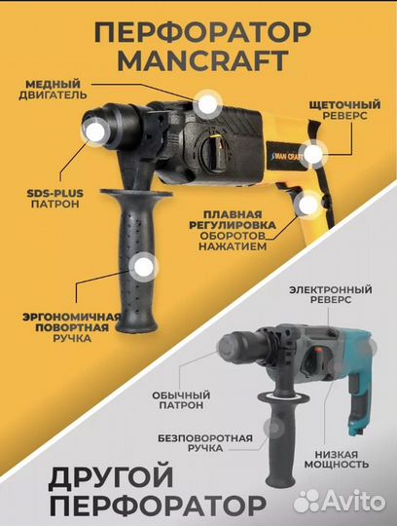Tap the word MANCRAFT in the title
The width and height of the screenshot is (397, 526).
[x=198, y=61]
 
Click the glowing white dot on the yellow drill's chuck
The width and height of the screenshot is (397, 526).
[x=96, y=129]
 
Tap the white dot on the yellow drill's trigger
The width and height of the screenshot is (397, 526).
[x=309, y=205]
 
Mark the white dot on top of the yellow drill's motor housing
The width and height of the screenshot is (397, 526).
[x=206, y=102]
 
